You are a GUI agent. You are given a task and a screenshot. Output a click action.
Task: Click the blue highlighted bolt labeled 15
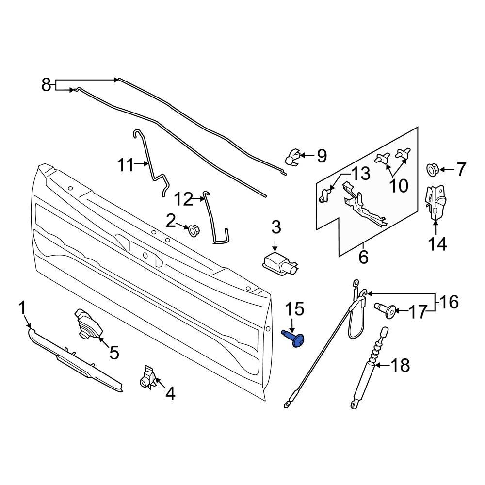coord(294,338)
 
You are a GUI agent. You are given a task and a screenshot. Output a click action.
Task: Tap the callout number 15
coord(294,309)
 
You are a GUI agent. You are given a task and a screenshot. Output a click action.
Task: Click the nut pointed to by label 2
coord(193,229)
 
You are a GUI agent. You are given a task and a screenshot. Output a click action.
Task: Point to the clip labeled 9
coord(292,157)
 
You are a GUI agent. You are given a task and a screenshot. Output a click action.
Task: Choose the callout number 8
coord(46,85)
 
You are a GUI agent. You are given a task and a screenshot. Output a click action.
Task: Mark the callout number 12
coord(184,198)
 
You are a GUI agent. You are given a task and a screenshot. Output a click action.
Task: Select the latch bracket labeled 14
coord(435,204)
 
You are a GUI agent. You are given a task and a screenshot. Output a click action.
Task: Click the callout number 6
coord(363,257)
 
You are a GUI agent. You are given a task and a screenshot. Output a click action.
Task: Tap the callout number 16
coord(449,302)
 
